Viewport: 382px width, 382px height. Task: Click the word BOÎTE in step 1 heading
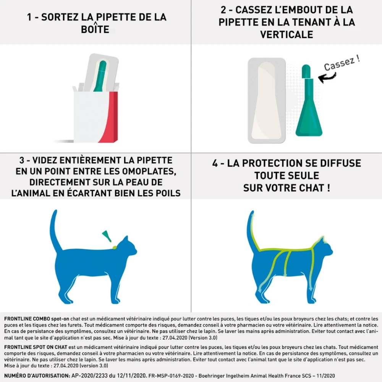(95, 29)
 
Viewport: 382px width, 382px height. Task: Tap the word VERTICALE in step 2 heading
(286, 34)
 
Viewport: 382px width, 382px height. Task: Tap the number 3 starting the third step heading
(22, 160)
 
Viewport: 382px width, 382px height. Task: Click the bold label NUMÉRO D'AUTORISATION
(37, 376)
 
